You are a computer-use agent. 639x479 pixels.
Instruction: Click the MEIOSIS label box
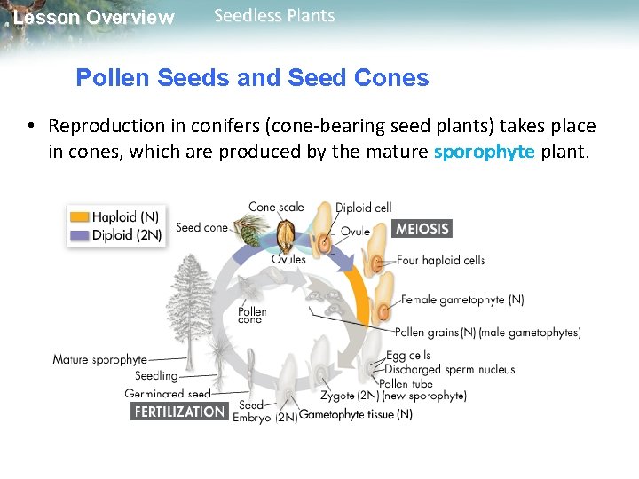(422, 228)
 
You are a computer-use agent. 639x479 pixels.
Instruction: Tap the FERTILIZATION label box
(179, 412)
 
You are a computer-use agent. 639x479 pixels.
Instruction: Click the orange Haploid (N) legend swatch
(80, 216)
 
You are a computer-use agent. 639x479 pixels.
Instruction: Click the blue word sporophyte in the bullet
(484, 152)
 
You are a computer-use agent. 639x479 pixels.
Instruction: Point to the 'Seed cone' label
(201, 227)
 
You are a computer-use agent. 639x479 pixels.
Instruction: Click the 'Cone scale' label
(276, 208)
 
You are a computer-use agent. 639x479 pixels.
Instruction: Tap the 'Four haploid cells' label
(441, 261)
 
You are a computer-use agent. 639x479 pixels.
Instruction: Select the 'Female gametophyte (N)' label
(462, 300)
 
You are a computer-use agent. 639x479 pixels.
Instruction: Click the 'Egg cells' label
(408, 357)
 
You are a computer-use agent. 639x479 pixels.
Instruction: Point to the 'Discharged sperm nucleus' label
(450, 370)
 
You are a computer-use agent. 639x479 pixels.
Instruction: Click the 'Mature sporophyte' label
(99, 360)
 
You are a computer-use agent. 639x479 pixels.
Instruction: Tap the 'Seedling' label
(156, 376)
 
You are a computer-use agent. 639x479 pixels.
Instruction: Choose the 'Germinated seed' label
(168, 394)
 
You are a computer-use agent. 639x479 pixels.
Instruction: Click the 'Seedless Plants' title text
(275, 16)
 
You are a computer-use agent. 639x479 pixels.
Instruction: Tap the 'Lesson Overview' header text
(94, 18)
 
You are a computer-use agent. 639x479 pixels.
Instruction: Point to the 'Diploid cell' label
(363, 208)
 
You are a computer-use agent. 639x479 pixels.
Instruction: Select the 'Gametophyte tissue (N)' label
(356, 414)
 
